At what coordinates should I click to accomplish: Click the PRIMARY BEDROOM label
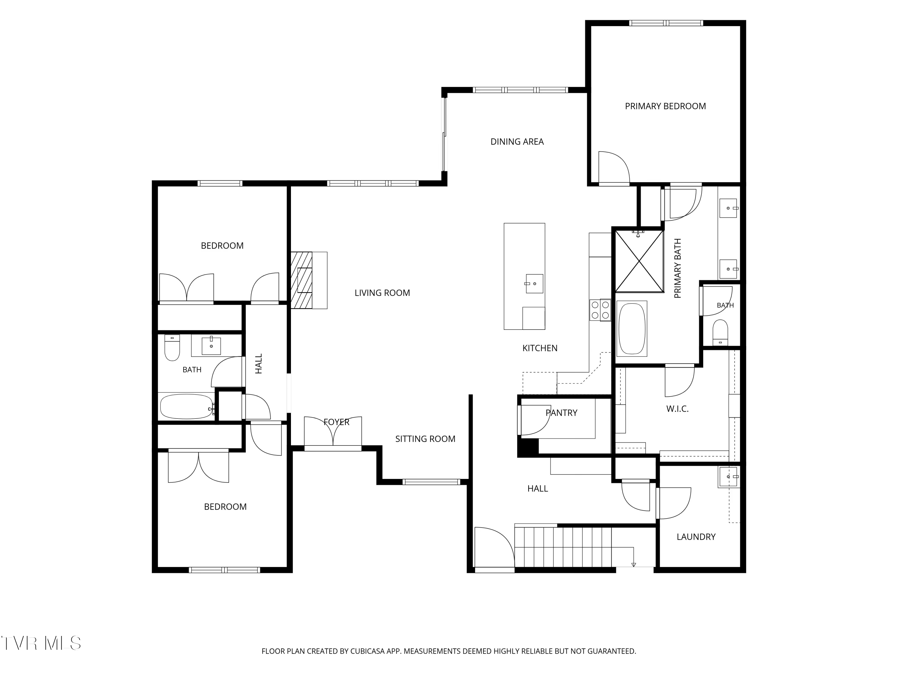coord(665,106)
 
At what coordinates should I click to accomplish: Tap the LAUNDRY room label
coord(696,537)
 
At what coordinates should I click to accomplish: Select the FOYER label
coord(336,422)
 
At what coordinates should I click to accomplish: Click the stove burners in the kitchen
coord(600,310)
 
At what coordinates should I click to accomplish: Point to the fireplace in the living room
coord(309,280)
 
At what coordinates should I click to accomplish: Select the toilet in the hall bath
coord(172,348)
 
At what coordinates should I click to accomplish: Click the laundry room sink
coord(728,477)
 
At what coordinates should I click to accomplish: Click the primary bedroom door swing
coord(614,167)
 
